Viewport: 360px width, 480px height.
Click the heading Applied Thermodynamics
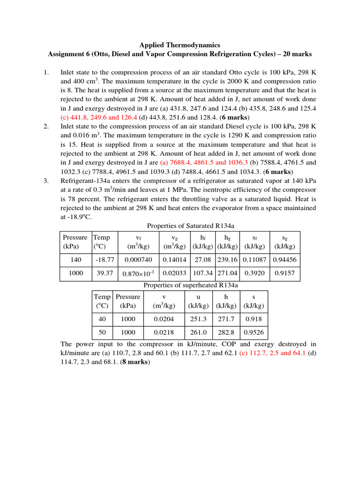coord(180,45)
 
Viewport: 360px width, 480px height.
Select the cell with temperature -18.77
coord(103,260)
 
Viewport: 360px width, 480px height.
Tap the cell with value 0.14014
coord(174,260)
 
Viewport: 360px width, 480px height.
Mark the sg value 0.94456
coord(285,260)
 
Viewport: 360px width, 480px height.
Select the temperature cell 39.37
coord(103,273)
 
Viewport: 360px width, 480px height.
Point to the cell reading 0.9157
coord(285,273)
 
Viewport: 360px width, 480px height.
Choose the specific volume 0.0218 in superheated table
coord(164,332)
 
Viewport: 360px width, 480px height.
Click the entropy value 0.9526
coord(254,332)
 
